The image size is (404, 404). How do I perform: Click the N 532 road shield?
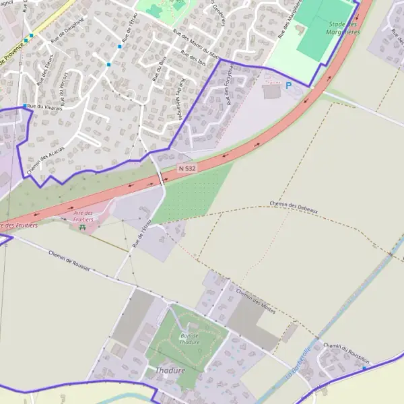[x=187, y=168]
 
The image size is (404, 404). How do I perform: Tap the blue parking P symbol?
[x=289, y=86]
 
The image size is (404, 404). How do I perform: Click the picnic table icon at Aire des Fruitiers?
[x=83, y=228]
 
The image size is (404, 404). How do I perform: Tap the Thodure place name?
[x=169, y=370]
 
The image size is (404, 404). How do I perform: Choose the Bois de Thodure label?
[x=189, y=339]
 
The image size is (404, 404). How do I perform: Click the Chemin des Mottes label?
[x=255, y=297]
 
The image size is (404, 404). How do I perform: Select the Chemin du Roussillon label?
[x=346, y=353]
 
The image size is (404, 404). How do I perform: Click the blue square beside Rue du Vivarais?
[x=25, y=106]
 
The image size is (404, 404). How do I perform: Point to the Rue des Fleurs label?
[x=45, y=71]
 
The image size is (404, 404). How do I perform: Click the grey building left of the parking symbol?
[x=271, y=92]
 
